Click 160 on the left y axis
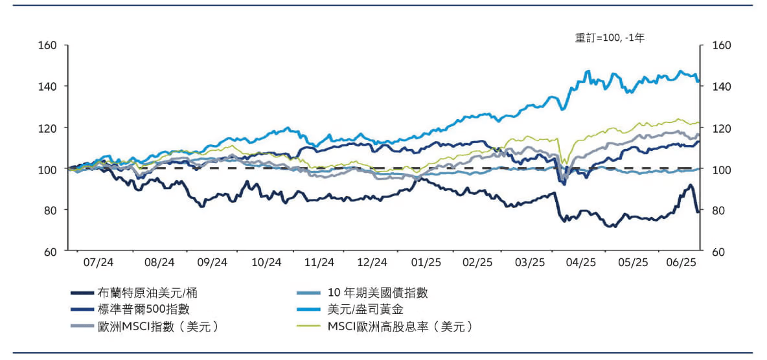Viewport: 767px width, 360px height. pos(49,45)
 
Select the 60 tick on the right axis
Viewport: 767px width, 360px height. pos(718,251)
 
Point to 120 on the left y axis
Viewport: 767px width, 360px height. pos(49,128)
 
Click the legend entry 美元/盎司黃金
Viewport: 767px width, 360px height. pos(365,309)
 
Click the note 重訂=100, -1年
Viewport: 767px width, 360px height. pos(610,38)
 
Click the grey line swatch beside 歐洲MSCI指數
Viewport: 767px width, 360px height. pos(80,326)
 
